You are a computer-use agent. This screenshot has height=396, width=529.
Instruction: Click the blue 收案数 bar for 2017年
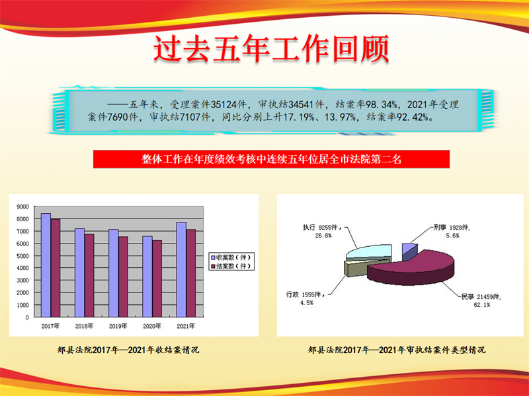46,265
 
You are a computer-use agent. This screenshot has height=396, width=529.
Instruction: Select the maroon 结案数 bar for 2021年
191,273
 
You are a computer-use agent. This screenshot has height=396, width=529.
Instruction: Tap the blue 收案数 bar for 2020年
147,277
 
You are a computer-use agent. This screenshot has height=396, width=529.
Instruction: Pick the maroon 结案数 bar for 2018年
89,275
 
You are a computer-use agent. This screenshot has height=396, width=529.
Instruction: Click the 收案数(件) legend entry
231,257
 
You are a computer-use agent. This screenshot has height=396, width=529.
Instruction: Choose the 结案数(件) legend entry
231,267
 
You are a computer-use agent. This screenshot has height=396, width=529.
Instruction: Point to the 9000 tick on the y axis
22,207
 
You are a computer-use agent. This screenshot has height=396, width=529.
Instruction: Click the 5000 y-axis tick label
22,256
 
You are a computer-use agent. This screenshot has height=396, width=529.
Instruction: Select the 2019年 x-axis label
118,326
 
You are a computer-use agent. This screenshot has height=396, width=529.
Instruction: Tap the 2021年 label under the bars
186,326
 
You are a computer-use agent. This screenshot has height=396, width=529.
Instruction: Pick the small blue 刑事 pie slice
409,251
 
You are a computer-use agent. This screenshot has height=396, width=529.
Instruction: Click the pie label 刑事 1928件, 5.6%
452,232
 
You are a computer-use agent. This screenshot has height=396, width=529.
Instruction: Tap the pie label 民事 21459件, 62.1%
481,300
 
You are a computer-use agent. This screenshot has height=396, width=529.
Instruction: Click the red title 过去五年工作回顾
272,49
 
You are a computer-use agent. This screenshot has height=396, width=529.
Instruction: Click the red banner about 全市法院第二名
271,159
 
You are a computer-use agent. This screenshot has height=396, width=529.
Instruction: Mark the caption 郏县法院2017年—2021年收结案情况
128,350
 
